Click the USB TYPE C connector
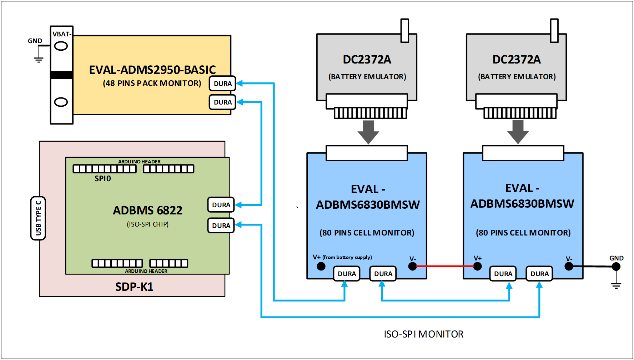[38, 218]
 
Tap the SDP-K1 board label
[134, 287]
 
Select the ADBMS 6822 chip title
[147, 210]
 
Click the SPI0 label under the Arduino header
[102, 178]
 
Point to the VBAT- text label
[62, 34]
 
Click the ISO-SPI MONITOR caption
[423, 334]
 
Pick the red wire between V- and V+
[445, 266]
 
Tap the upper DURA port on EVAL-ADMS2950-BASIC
[222, 83]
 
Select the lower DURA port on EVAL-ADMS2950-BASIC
[222, 102]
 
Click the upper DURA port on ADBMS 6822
[221, 205]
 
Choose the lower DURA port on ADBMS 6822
[221, 225]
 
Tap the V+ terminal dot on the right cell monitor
[478, 266]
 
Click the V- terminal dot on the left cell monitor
[412, 266]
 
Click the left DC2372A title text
[367, 60]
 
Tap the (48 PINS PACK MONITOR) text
[152, 83]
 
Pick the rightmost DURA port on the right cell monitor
[539, 274]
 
